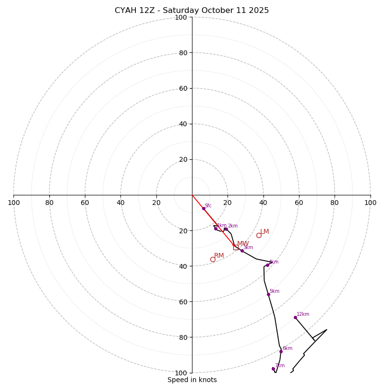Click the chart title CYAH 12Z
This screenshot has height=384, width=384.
[192, 11]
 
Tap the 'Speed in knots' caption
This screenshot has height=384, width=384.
[192, 380]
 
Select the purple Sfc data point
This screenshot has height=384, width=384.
[204, 208]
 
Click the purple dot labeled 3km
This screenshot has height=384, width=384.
[242, 251]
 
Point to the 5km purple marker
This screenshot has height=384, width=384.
[268, 294]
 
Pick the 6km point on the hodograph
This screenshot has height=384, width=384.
[281, 351]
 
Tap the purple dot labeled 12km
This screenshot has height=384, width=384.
[295, 317]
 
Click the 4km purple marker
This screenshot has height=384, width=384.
[267, 265]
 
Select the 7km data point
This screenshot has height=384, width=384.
[273, 369]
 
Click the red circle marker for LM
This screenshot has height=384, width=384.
[259, 235]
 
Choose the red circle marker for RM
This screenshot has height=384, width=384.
[213, 259]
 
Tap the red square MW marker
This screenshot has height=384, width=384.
[236, 247]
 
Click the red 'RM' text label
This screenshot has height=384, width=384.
[219, 256]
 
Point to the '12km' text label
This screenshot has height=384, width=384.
[303, 314]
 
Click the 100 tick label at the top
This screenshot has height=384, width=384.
[181, 17]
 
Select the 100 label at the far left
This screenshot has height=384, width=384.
[13, 203]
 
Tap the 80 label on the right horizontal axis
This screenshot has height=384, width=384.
[335, 203]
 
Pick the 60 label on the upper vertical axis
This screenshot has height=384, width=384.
[183, 88]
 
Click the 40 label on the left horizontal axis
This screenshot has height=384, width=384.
[120, 203]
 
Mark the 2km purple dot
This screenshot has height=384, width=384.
[226, 229]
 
